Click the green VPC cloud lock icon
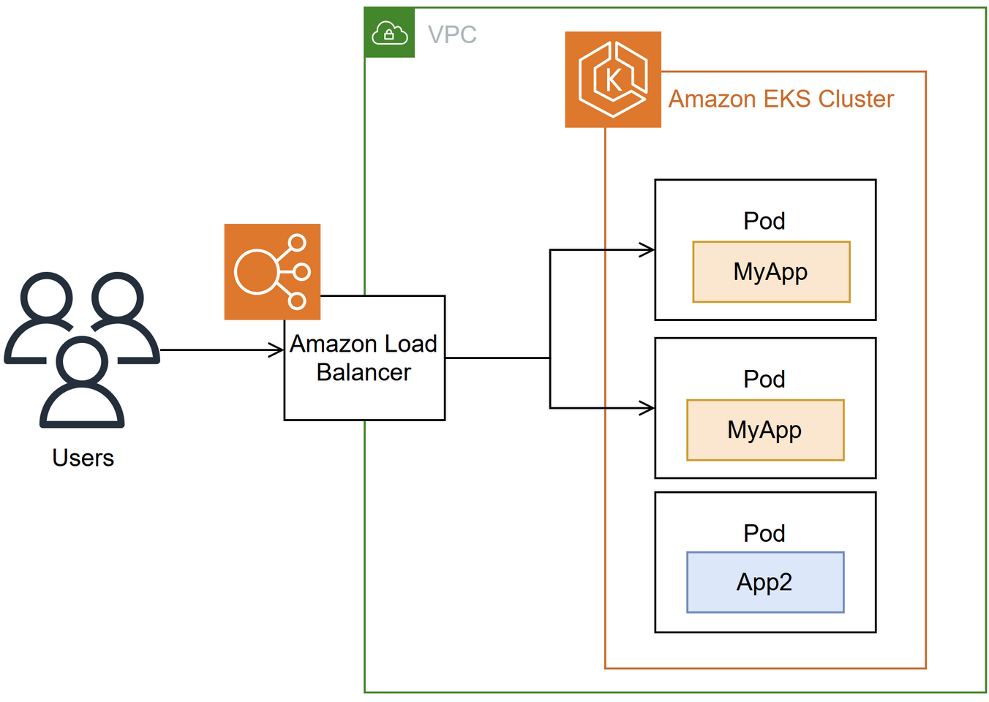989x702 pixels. pyautogui.click(x=389, y=33)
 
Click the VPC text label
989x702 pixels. pyautogui.click(x=452, y=34)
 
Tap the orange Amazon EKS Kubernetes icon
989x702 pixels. pyautogui.click(x=613, y=80)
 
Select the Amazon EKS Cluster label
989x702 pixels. pyautogui.click(x=781, y=99)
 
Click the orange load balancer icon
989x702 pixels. pyautogui.click(x=272, y=272)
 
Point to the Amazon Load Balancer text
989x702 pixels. pyautogui.click(x=364, y=344)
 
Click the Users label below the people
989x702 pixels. pyautogui.click(x=83, y=458)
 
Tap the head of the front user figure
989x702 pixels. pyautogui.click(x=83, y=361)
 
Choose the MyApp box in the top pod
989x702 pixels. pyautogui.click(x=771, y=272)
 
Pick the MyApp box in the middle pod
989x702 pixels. pyautogui.click(x=765, y=430)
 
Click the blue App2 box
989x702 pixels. pyautogui.click(x=765, y=582)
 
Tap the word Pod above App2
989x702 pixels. pyautogui.click(x=764, y=533)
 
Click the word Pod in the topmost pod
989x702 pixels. pyautogui.click(x=764, y=221)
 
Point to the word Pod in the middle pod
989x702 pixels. pyautogui.click(x=764, y=379)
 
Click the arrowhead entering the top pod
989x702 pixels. pyautogui.click(x=647, y=250)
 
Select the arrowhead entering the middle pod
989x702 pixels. pyautogui.click(x=647, y=408)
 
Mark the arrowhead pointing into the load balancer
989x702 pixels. pyautogui.click(x=277, y=350)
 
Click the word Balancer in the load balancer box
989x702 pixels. pyautogui.click(x=364, y=372)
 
